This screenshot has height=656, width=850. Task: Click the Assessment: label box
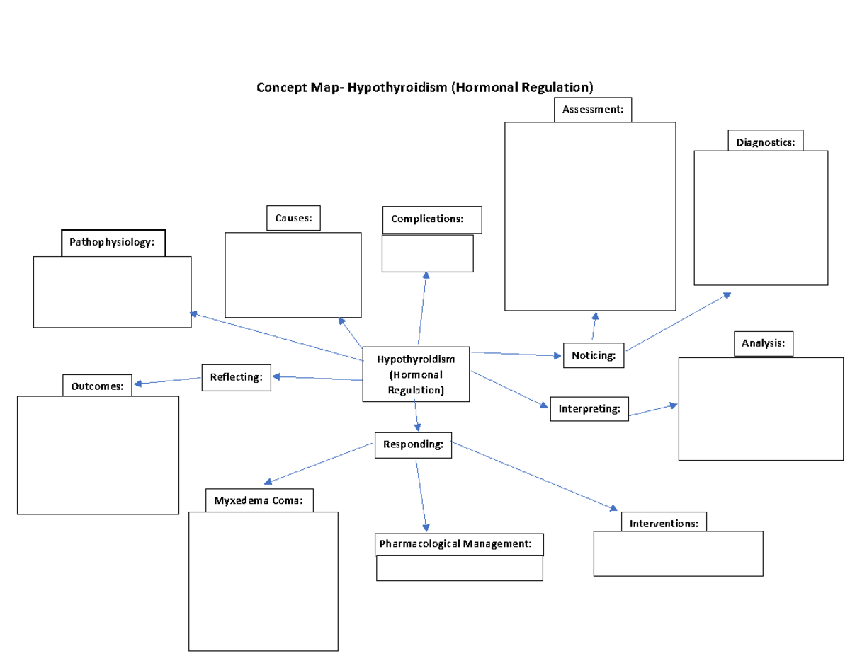[x=592, y=110]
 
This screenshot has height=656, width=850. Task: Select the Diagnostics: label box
[x=765, y=142]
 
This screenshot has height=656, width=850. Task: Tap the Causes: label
[x=293, y=218]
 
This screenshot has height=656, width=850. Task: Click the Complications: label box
[x=431, y=219]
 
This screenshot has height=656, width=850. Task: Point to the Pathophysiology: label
[x=113, y=243]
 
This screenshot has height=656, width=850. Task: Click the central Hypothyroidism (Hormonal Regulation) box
[x=416, y=374]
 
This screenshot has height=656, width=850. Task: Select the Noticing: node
[x=594, y=355]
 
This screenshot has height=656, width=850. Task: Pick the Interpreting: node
[x=589, y=409]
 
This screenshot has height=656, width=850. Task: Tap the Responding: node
[x=413, y=445]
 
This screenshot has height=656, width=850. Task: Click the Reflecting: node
[x=237, y=376]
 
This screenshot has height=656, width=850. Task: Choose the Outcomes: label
[x=97, y=386]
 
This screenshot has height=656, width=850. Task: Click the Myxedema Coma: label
[x=259, y=501]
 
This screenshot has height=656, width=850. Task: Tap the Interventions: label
[x=664, y=524]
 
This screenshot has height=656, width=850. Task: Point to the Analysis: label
[x=763, y=343]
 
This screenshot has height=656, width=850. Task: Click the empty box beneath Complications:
[x=427, y=253]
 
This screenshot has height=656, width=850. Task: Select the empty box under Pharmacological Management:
[x=459, y=568]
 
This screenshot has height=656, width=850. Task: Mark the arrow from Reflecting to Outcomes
[x=168, y=381]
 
